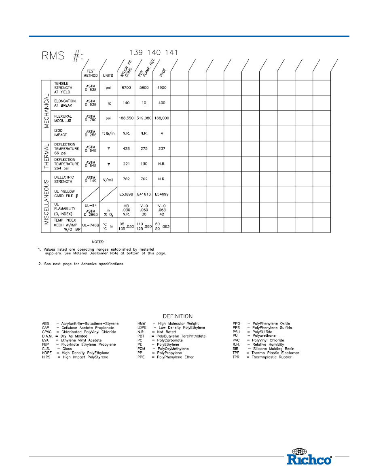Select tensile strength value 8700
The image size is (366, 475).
(x=126, y=88)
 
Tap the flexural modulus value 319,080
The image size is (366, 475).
(x=144, y=118)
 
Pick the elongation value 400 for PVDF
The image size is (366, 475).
(x=162, y=103)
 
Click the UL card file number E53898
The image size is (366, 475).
(x=126, y=194)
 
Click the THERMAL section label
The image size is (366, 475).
(x=47, y=156)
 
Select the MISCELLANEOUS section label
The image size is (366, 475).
(x=47, y=202)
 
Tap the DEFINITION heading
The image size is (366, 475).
(x=178, y=316)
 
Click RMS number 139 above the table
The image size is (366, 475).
(x=135, y=53)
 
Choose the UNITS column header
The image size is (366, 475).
(x=108, y=75)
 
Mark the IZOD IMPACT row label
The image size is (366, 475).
(x=61, y=133)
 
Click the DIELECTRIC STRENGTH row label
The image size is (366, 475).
(x=64, y=179)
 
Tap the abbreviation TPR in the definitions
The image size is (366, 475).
(x=236, y=357)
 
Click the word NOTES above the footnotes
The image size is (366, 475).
(x=98, y=241)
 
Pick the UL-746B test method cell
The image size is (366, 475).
(x=91, y=224)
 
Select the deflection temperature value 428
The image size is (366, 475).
(x=126, y=148)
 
